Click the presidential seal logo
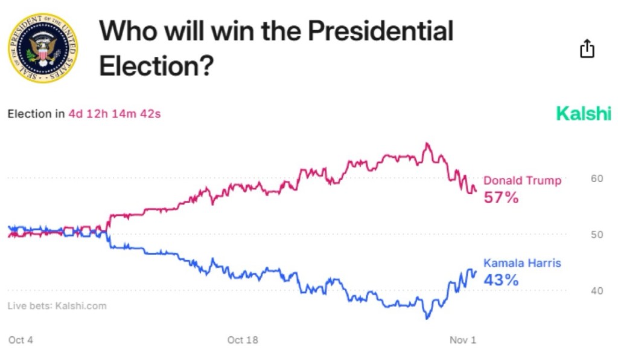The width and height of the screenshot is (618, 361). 42,48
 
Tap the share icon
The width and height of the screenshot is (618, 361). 587,48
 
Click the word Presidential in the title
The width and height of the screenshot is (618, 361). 380,30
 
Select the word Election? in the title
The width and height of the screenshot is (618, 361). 156,65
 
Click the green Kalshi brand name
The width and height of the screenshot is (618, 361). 583,113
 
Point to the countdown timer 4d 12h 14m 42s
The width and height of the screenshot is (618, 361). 114,113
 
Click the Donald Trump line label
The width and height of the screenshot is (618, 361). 522,180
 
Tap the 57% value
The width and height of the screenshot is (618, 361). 501,197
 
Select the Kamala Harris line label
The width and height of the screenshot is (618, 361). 522,263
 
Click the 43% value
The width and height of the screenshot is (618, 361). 501,280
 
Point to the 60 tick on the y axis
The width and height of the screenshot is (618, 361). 596,178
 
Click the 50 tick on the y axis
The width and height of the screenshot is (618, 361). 596,235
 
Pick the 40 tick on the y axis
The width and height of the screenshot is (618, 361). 596,291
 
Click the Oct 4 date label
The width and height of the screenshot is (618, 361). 21,340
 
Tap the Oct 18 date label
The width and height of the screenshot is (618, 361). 243,340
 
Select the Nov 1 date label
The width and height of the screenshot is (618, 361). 463,340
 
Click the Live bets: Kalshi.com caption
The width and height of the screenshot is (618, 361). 57,305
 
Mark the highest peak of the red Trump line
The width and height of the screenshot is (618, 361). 427,143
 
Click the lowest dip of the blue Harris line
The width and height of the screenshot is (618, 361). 427,318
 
